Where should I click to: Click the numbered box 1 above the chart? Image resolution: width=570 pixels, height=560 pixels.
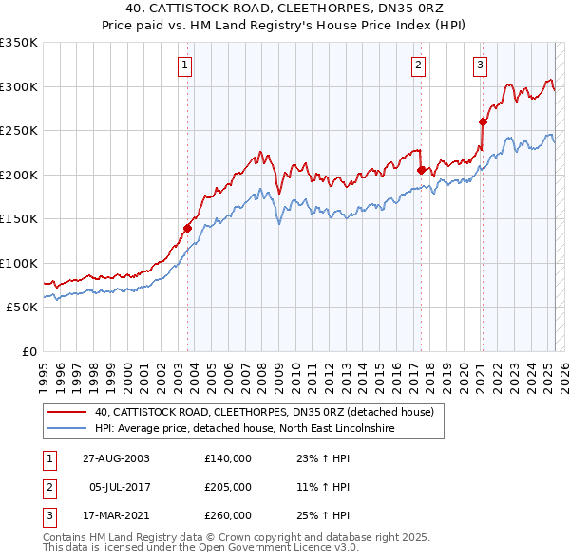coord(184,65)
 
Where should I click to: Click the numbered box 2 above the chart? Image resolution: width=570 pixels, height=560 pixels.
coord(418,65)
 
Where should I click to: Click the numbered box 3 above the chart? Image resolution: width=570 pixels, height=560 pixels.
coord(480,65)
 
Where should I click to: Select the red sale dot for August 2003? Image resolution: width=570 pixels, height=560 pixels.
coord(188,228)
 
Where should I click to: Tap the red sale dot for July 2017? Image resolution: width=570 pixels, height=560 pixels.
coord(421,170)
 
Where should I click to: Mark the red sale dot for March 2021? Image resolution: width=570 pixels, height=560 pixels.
coord(483,121)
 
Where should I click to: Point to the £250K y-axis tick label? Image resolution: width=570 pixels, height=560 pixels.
coord(19,131)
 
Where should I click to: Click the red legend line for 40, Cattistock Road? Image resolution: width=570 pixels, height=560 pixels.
coord(65,413)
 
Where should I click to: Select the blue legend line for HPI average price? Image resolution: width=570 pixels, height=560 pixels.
coord(65,430)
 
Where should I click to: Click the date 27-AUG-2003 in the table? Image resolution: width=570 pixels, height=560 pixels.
coord(109,458)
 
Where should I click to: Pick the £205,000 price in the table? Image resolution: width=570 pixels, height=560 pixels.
coord(228,487)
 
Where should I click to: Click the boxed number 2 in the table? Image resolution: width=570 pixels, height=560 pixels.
coord(47,487)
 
